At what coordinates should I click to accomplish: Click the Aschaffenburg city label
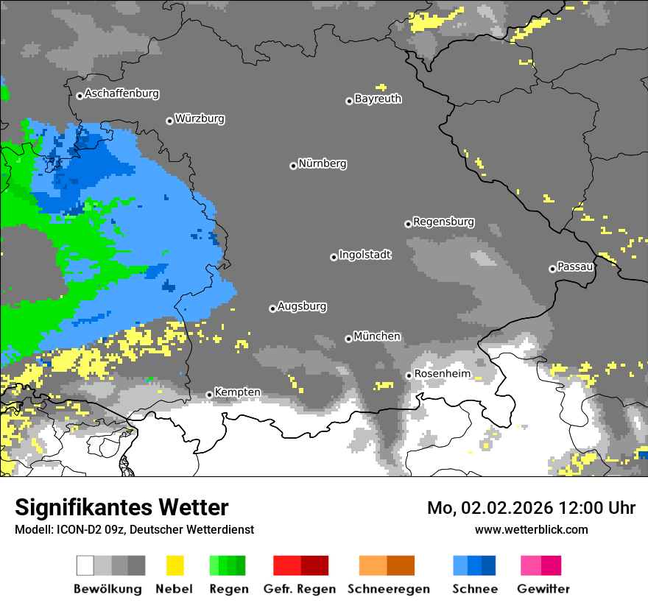121,94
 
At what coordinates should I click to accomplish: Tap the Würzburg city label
200,119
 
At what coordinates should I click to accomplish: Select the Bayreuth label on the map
378,99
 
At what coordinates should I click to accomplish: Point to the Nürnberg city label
322,163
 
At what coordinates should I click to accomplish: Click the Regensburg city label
443,222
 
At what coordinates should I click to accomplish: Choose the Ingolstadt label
364,255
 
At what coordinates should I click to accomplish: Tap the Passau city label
575,266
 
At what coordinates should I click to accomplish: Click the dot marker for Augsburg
272,308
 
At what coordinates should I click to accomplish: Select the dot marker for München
348,339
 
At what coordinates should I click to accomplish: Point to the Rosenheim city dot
409,375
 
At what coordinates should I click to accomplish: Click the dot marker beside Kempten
209,395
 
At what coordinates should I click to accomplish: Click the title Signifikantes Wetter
121,507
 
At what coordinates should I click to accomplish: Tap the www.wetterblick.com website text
531,529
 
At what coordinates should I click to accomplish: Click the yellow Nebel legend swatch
175,565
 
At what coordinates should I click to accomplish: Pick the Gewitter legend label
543,589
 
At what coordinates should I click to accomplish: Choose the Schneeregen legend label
387,589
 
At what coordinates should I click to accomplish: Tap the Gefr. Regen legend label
300,589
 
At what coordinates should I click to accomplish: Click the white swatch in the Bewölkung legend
85,565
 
